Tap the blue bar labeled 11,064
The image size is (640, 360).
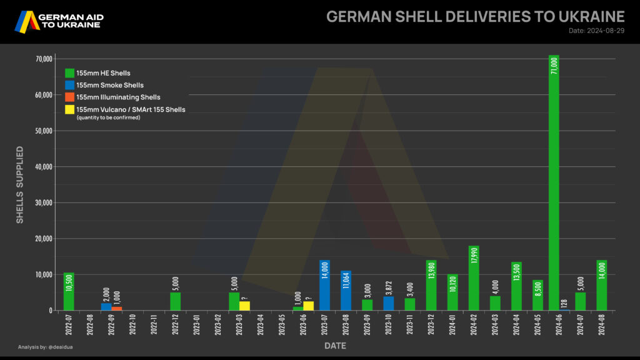[x=346, y=290]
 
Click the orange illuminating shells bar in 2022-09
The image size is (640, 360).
[x=117, y=308]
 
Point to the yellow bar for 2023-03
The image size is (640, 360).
[x=244, y=306]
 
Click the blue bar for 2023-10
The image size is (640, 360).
[x=388, y=303]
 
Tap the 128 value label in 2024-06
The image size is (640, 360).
[x=564, y=303]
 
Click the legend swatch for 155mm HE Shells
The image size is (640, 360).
[x=69, y=73]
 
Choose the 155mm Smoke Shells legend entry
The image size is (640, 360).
[x=110, y=85]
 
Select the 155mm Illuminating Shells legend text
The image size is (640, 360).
[x=118, y=97]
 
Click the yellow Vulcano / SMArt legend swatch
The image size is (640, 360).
[x=69, y=109]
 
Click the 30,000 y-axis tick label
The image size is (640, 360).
[x=42, y=203]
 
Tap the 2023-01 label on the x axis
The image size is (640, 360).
[x=197, y=328]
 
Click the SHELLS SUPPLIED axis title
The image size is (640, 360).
[x=20, y=184]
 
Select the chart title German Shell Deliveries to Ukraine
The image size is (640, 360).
[x=476, y=16]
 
